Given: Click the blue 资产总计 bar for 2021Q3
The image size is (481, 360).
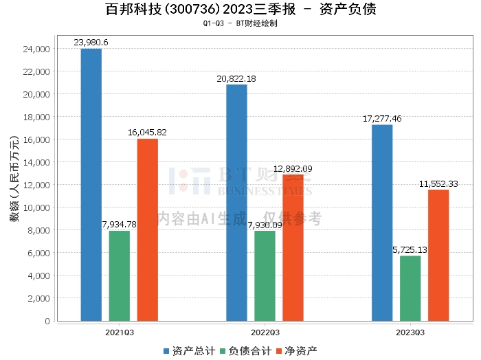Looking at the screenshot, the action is click(x=91, y=185).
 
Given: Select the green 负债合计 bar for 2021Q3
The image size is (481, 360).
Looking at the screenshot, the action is click(x=120, y=276).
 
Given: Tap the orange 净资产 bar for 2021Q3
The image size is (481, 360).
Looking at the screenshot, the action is click(x=148, y=230).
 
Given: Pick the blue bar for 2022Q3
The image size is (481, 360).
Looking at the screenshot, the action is click(x=236, y=203).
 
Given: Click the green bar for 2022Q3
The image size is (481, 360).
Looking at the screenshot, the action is click(x=265, y=276).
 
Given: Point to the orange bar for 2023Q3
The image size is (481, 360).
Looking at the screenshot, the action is click(x=438, y=256).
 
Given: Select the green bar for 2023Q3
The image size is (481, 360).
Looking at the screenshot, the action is click(x=410, y=289).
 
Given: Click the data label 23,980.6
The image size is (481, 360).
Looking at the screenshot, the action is click(x=91, y=43).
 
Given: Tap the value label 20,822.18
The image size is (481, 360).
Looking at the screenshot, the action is click(x=236, y=79).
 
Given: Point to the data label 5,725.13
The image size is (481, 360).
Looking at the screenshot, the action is click(x=410, y=250).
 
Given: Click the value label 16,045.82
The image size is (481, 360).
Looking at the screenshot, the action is click(x=147, y=133).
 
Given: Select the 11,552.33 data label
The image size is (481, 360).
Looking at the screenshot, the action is click(x=438, y=184).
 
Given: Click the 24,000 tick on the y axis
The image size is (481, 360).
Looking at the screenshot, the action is click(x=36, y=49).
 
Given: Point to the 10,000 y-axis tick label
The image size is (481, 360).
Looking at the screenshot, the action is click(x=36, y=207).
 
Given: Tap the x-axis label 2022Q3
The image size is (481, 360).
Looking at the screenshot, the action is click(x=265, y=333).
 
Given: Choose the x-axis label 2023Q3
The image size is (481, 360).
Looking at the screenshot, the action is click(x=410, y=333).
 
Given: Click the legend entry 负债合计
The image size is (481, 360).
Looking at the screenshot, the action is click(x=246, y=351).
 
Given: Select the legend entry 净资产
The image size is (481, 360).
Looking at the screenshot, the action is click(x=297, y=351).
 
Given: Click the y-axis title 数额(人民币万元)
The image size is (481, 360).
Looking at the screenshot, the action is click(x=14, y=179).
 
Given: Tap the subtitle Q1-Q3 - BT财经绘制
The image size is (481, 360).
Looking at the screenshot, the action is click(x=240, y=23).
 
